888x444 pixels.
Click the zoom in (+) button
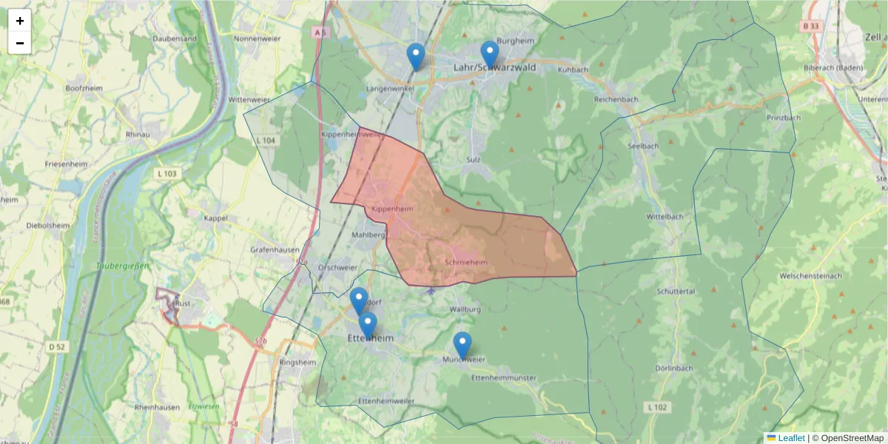pos(20,21)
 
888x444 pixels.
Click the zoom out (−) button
pos(20,43)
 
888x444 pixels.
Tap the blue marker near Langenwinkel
pos(416,56)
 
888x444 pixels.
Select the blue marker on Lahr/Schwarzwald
pos(489,53)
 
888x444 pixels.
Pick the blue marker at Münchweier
pos(462,345)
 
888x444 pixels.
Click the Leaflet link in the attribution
pos(791,438)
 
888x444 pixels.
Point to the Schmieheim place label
pos(467,263)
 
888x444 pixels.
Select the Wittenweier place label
pos(250,99)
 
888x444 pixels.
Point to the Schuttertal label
pos(675,292)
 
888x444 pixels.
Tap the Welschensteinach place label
pos(810,276)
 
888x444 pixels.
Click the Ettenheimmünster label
pos(503,378)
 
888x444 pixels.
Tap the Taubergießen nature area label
pos(123,266)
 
